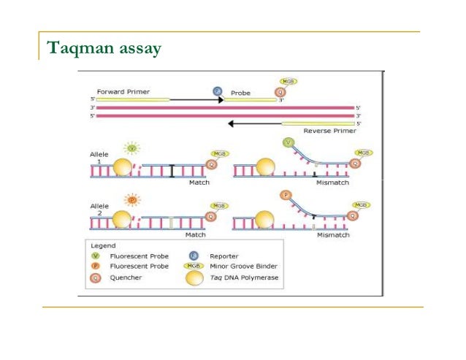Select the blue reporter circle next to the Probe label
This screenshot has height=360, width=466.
pos(217,91)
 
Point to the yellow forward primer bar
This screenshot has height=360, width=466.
pos(132,99)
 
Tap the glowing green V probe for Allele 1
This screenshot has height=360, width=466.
pos(132,149)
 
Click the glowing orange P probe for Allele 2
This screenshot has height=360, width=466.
pos(132,199)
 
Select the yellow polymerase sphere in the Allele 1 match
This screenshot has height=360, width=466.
pos(122,169)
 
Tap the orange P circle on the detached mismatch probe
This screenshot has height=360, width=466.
pos(287,195)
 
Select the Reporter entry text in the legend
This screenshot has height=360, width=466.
pos(224,256)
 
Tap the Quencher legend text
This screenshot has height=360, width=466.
pos(125,277)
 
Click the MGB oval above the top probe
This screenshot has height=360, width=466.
pos(289,82)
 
